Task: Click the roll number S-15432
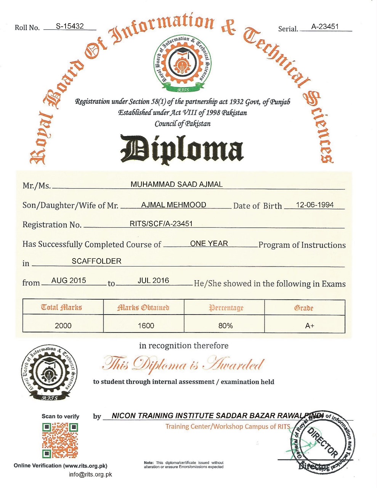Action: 70,26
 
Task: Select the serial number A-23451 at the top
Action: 325,26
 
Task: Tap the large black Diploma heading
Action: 182,149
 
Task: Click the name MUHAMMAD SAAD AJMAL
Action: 176,184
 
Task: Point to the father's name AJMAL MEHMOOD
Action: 173,205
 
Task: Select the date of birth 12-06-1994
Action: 314,205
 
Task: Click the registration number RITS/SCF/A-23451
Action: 161,224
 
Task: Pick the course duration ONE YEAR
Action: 209,243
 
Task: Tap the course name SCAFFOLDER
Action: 96,261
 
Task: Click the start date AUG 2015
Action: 69,280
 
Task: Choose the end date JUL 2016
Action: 153,280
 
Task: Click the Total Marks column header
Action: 61,307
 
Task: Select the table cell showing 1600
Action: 146,326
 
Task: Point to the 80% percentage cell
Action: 225,326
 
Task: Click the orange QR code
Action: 60,440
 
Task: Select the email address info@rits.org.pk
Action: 90,475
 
